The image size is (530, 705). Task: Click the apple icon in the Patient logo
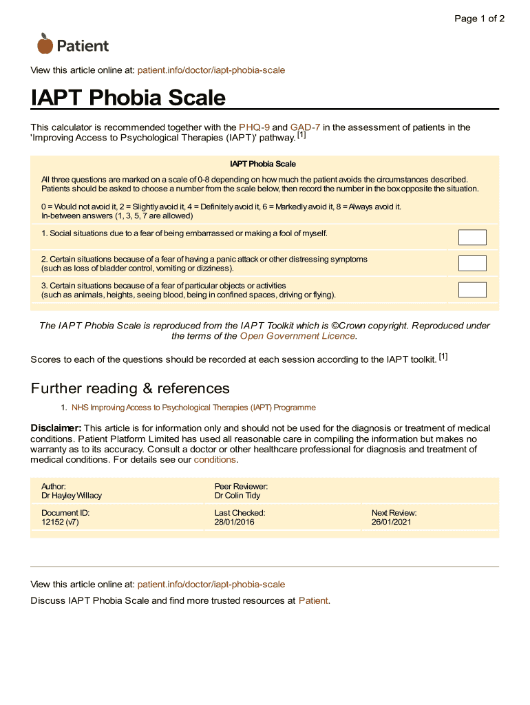[x=45, y=44]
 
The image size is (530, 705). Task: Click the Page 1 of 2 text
[x=479, y=19]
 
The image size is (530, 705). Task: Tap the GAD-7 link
[x=305, y=127]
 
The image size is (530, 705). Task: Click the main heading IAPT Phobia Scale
[x=128, y=98]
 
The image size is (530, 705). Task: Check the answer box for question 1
[x=472, y=238]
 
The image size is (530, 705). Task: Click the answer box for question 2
[x=472, y=263]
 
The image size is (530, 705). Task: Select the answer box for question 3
[x=472, y=290]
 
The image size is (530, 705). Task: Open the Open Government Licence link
[x=297, y=336]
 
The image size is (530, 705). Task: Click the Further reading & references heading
[x=130, y=388]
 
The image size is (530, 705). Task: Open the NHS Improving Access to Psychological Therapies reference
[x=193, y=408]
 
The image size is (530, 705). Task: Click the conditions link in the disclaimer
[x=215, y=459]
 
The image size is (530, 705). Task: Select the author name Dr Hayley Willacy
[x=72, y=496]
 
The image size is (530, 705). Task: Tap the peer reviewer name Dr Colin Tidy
[x=237, y=496]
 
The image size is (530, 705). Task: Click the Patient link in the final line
[x=313, y=600]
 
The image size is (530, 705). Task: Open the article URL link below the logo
[x=211, y=70]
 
